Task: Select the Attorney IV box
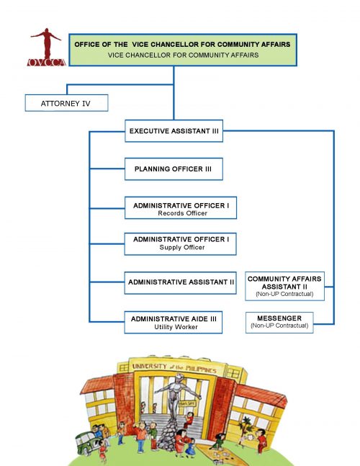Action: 66,103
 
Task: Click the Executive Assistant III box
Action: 173,132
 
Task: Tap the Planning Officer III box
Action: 173,169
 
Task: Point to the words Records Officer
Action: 181,214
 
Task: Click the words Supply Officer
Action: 181,248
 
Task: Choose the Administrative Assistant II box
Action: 181,282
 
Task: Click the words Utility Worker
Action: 176,327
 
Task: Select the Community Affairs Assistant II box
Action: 285,286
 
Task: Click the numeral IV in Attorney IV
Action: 85,103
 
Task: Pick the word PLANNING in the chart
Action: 154,169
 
